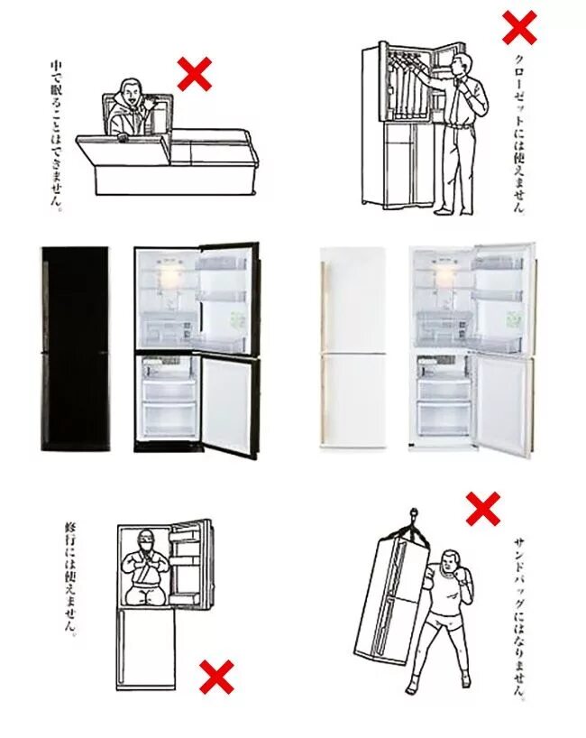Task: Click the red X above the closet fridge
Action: pos(519,28)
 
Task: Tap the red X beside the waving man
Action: pos(194,74)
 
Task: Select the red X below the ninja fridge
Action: pos(216,677)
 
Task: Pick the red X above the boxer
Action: pos(483,509)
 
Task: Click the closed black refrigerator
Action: pos(75,349)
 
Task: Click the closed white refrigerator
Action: pos(353,350)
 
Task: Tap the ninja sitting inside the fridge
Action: pos(144,568)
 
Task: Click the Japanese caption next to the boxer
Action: pos(520,616)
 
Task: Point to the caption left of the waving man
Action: pos(56,135)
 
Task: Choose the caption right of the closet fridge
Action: pos(519,134)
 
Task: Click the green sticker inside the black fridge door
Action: pos(237,321)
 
